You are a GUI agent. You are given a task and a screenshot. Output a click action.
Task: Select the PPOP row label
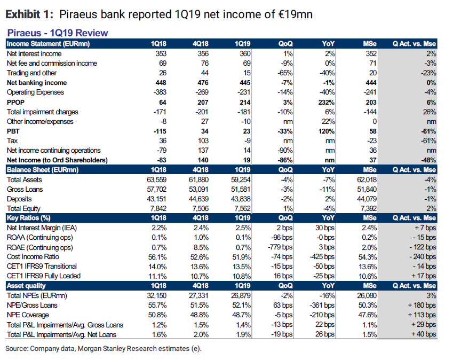tap(15, 102)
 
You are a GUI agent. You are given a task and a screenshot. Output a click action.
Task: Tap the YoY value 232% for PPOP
tap(325, 102)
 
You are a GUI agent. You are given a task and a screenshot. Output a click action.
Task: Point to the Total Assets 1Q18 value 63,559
tap(155, 179)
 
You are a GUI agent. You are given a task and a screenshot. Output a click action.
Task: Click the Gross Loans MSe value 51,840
tap(366, 189)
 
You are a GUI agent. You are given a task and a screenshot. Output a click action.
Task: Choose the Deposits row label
tap(20, 199)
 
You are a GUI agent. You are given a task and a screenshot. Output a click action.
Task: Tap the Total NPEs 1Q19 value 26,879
tap(240, 295)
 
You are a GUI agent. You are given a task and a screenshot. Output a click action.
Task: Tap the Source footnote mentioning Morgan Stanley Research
tap(104, 348)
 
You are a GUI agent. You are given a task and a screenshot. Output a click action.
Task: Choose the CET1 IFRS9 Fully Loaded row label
tap(44, 276)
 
